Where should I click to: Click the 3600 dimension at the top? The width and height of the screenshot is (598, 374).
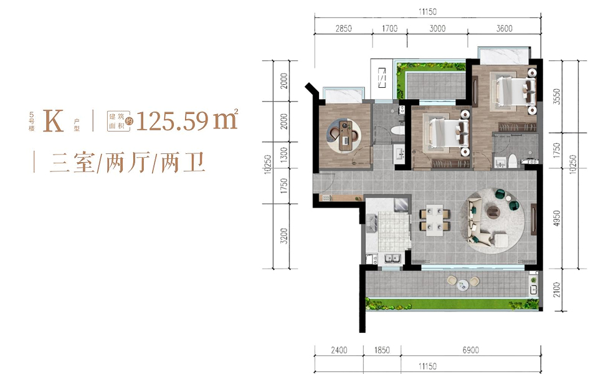pos(505,28)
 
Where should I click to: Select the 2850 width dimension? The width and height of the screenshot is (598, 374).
pos(344,28)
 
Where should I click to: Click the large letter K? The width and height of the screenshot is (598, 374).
pos(54,121)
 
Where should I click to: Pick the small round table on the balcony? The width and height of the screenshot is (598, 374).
pos(462,285)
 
